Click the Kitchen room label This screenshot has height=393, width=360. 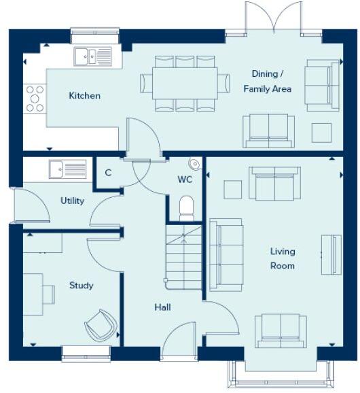pyautogui.click(x=85, y=96)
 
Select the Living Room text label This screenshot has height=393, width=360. pyautogui.click(x=282, y=258)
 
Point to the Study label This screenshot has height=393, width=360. pyautogui.click(x=82, y=286)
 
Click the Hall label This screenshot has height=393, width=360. pyautogui.click(x=162, y=307)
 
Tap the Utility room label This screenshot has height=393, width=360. pyautogui.click(x=72, y=201)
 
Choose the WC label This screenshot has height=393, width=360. pyautogui.click(x=185, y=180)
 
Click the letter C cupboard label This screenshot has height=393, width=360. pyautogui.click(x=108, y=173)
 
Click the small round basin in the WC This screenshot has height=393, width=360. pyautogui.click(x=195, y=163)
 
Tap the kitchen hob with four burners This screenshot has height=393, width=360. pyautogui.click(x=35, y=98)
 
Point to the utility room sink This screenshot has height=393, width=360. pyautogui.click(x=67, y=169)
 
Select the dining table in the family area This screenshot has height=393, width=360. pyautogui.click(x=184, y=83)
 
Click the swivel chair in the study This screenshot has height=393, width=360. pyautogui.click(x=101, y=325)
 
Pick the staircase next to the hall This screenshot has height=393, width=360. pyautogui.click(x=185, y=255)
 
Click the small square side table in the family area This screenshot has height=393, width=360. pyautogui.click(x=321, y=132)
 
